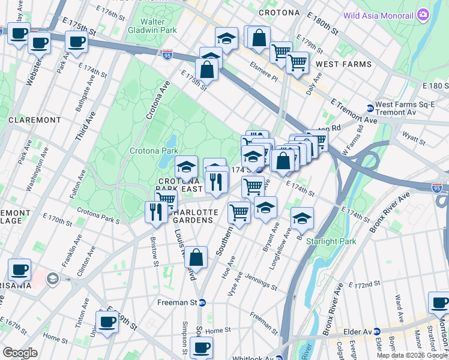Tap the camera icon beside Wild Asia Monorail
[424, 14]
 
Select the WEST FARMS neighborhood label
[343, 64]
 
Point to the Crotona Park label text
[154, 151]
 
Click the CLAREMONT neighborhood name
[35, 120]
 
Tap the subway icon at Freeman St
[202, 303]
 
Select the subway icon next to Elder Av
[376, 331]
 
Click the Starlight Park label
[331, 241]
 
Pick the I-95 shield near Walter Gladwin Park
[167, 55]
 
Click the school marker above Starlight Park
[303, 219]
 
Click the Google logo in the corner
[20, 352]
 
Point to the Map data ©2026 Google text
[411, 355]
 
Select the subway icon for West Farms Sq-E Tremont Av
[370, 109]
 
